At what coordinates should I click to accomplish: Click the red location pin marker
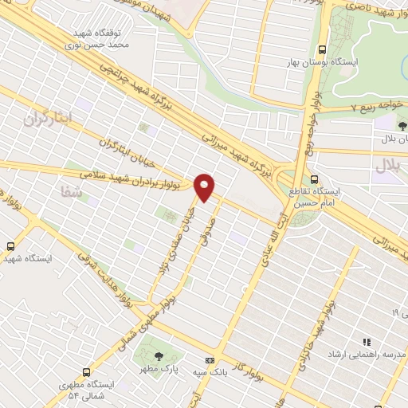pyautogui.click(x=206, y=188)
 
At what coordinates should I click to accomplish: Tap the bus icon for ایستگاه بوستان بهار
pyautogui.click(x=322, y=49)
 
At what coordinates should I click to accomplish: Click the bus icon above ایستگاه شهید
pyautogui.click(x=11, y=246)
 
